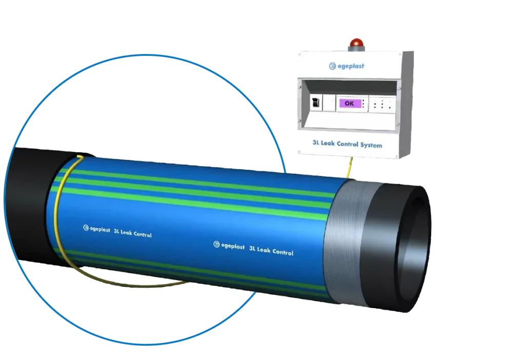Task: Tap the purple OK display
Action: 349,103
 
